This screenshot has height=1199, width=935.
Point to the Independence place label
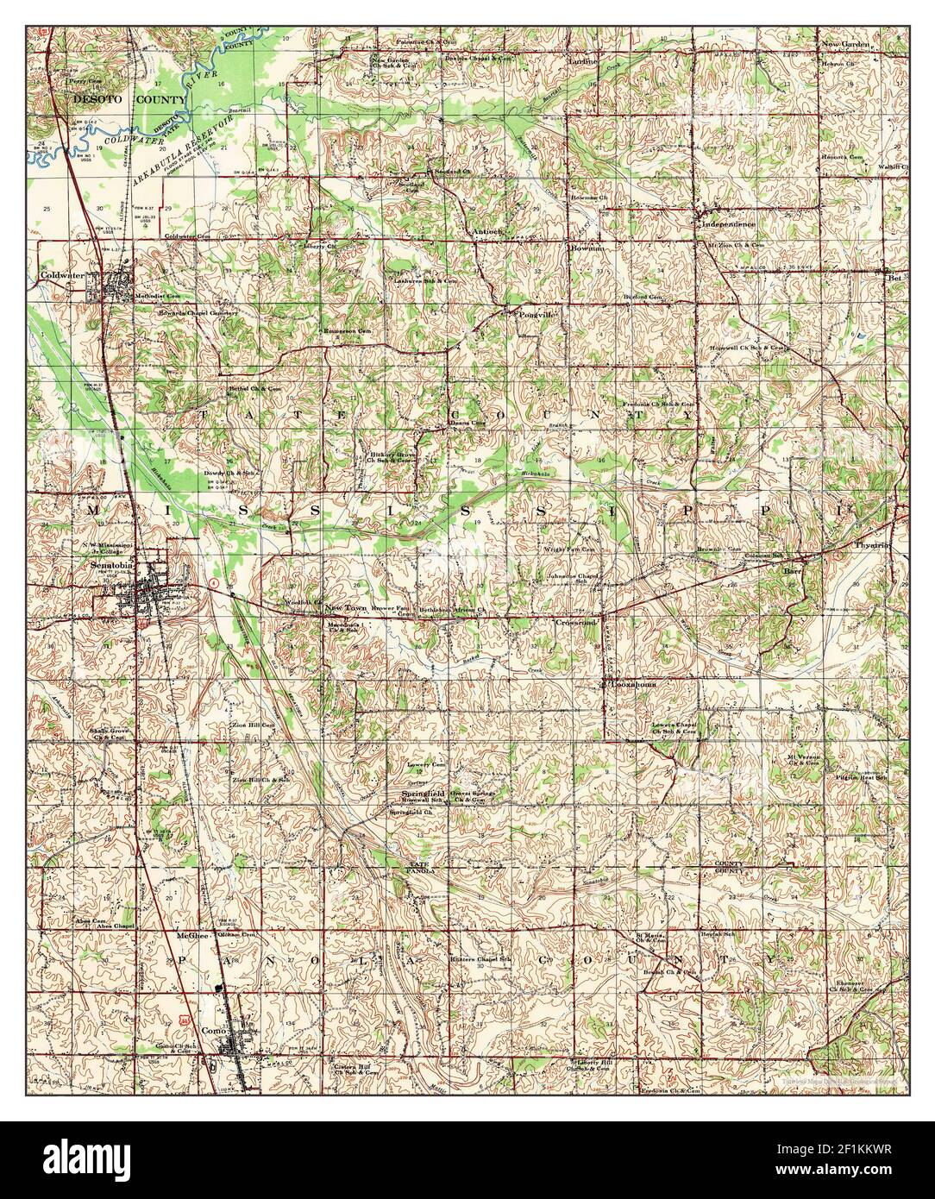[729, 223]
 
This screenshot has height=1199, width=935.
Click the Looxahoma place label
[629, 683]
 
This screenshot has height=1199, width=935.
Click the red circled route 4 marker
[213, 583]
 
